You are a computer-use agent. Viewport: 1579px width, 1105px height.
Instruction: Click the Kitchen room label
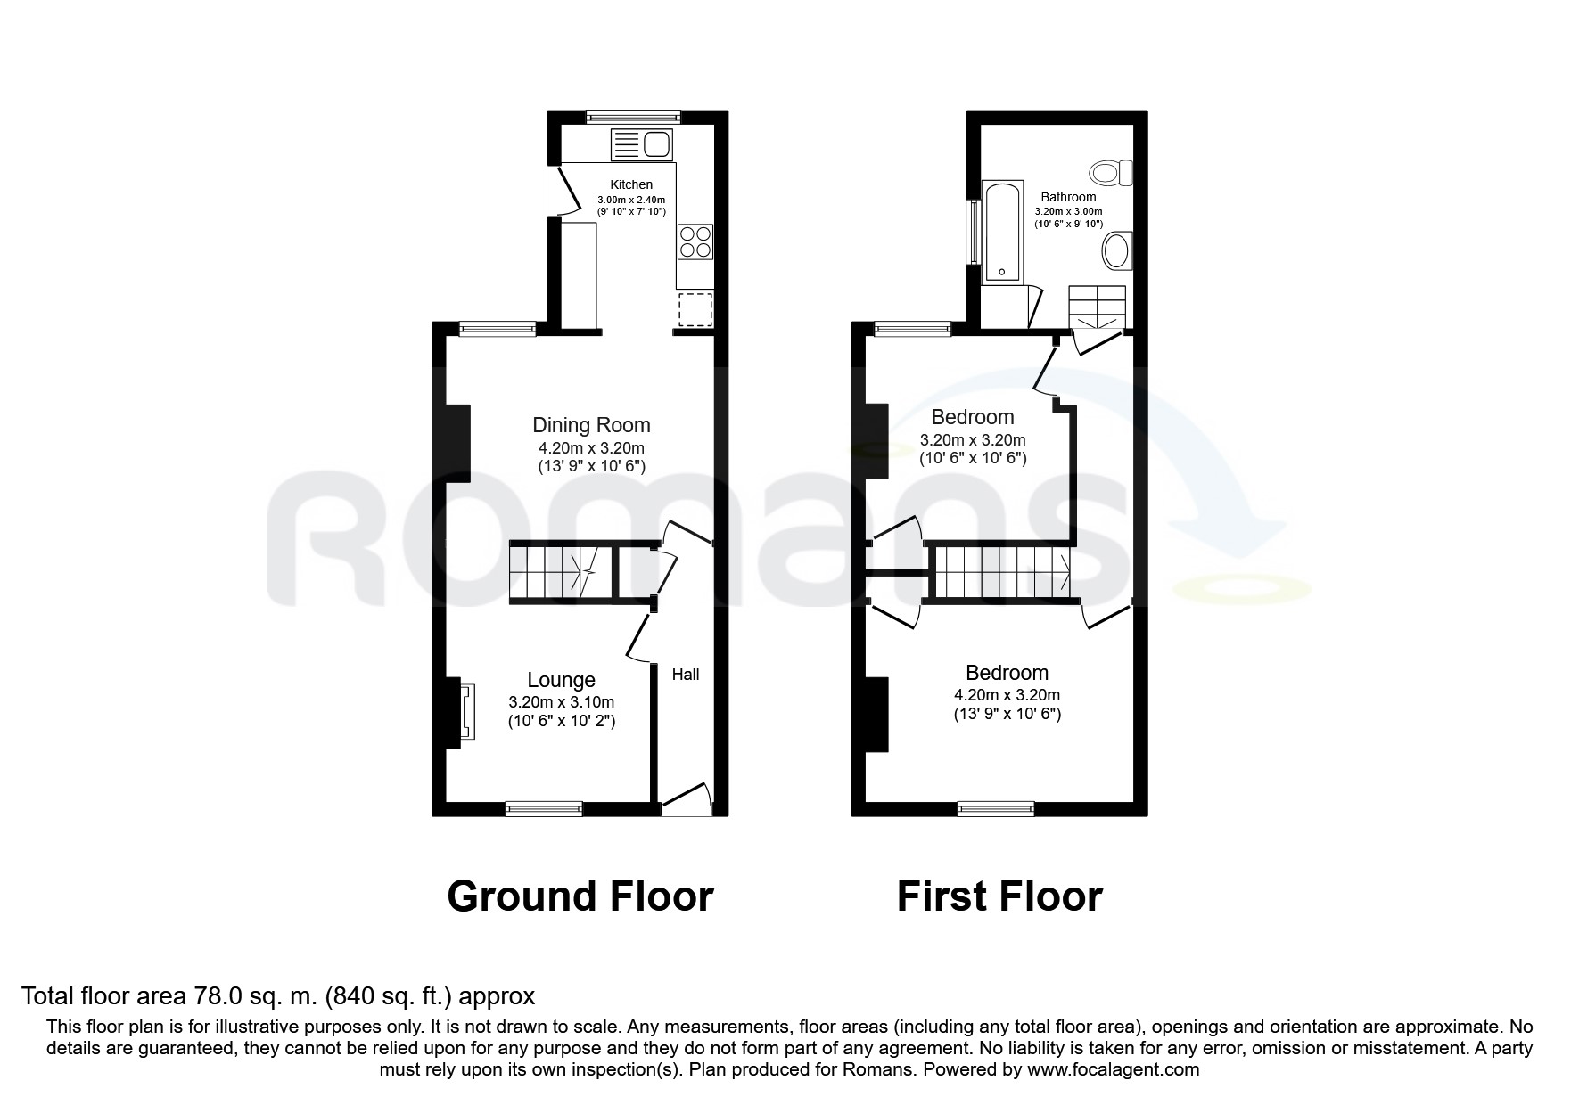pyautogui.click(x=631, y=184)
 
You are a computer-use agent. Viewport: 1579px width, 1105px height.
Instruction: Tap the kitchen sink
pyautogui.click(x=641, y=143)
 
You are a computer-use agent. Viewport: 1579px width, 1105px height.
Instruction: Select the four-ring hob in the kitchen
pyautogui.click(x=695, y=241)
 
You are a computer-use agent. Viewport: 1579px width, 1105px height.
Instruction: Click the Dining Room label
pyautogui.click(x=591, y=425)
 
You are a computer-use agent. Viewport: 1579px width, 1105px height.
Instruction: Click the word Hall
pyautogui.click(x=685, y=675)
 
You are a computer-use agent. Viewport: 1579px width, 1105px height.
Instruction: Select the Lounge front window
pyautogui.click(x=544, y=808)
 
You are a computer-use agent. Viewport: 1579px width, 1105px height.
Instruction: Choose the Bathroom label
pyautogui.click(x=1068, y=197)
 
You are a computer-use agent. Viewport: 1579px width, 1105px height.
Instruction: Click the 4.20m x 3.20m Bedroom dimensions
pyautogui.click(x=1007, y=695)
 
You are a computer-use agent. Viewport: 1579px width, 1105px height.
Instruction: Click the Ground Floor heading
pyautogui.click(x=580, y=896)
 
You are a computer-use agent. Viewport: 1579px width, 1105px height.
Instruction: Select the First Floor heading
pyautogui.click(x=999, y=896)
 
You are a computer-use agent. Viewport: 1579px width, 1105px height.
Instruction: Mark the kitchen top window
pyautogui.click(x=633, y=116)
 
